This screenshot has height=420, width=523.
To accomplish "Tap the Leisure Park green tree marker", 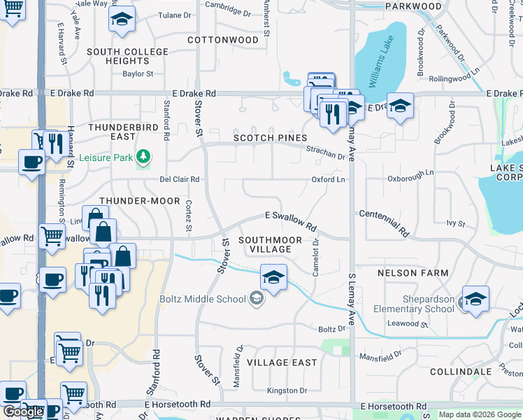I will point(143,156).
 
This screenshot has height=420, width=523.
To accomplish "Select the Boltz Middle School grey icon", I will point(257,300).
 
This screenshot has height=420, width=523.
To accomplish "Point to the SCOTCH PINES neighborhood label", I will point(270,139).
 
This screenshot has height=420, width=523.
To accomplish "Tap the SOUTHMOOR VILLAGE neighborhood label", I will point(271,244).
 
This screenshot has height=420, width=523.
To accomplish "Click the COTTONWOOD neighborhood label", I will point(223,40).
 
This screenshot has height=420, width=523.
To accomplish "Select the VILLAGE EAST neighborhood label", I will point(282,363).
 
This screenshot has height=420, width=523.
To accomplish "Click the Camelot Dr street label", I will point(316,258).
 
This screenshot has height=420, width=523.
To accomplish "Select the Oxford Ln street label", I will point(329,180).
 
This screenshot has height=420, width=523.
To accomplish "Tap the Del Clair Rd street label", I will point(180,179).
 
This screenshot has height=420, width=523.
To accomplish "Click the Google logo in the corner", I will point(23,412).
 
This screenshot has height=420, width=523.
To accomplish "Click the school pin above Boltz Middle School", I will point(273,277).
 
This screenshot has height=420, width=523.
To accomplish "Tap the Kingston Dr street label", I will point(287,391).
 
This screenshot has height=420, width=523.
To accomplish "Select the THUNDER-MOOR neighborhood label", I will point(136,201).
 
